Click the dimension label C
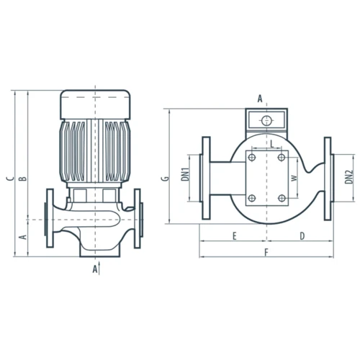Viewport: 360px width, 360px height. pyautogui.click(x=10, y=179)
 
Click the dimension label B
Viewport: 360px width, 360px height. pyautogui.click(x=23, y=179)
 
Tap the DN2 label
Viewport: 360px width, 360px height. pyautogui.click(x=349, y=177)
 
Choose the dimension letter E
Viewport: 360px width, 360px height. pyautogui.click(x=235, y=236)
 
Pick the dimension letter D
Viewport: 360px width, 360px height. pyautogui.click(x=302, y=236)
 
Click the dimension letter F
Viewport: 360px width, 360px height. pyautogui.click(x=266, y=253)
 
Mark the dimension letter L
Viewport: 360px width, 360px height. pyautogui.click(x=272, y=144)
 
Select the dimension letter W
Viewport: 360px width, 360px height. pyautogui.click(x=294, y=178)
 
